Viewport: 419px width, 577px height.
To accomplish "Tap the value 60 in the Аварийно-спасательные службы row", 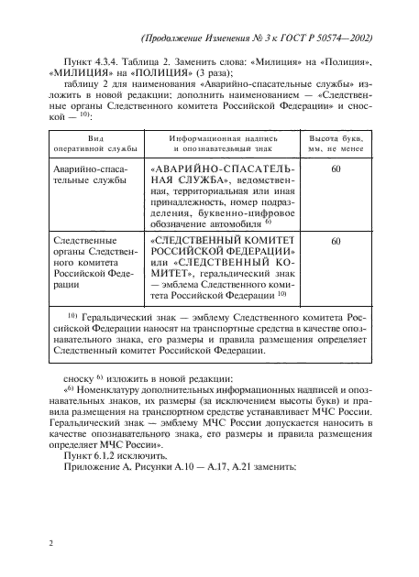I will click(336, 170).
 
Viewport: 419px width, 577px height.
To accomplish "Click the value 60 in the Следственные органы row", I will click(336, 242).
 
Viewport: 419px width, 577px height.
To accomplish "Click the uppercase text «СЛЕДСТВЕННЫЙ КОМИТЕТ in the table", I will click(221, 241).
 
